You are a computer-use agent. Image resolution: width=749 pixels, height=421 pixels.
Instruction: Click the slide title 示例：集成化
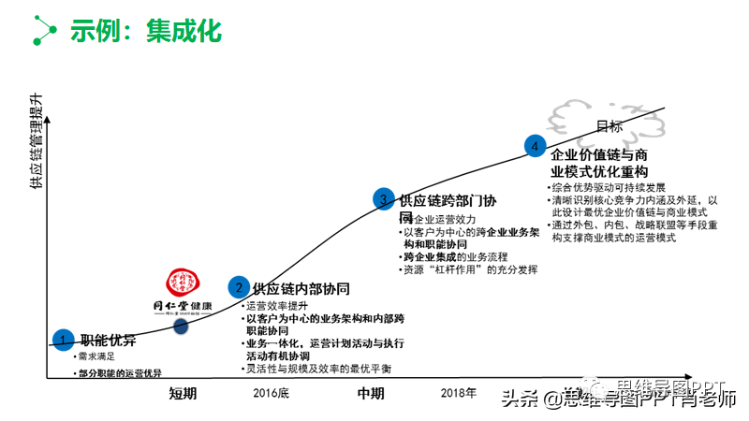146,30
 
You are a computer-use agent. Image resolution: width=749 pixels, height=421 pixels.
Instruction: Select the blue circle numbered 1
63,339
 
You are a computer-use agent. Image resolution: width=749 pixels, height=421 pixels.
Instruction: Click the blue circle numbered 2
239,287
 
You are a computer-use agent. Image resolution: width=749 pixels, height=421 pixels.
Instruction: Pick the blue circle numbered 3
383,198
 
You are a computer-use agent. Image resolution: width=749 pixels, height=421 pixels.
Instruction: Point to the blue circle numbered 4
535,145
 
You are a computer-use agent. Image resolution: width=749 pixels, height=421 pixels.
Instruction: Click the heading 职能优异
108,339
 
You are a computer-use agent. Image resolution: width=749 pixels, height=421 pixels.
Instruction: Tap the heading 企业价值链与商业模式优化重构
599,163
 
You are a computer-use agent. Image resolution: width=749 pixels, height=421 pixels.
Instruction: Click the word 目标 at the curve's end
609,126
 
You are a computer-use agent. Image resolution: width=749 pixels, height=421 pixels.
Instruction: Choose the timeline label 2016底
271,393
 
